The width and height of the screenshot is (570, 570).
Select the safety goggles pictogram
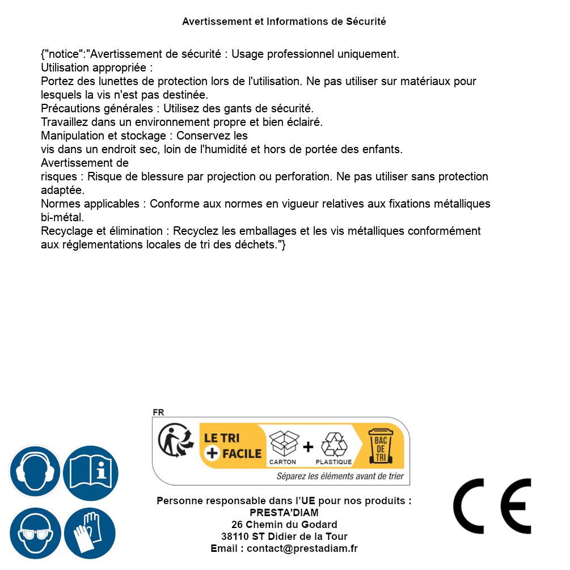[x=35, y=533]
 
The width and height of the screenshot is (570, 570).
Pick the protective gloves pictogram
[x=90, y=533]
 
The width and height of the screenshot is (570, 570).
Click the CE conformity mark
[x=492, y=506]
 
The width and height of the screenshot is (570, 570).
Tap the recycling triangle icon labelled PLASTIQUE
[x=333, y=445]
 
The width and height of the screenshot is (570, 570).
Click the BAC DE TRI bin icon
[x=380, y=447]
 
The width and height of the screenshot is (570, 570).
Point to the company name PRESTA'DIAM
[x=284, y=513]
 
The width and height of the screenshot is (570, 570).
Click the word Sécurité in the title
[x=366, y=22]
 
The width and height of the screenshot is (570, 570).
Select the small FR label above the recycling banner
[x=158, y=412]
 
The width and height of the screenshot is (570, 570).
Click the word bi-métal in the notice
[x=62, y=217]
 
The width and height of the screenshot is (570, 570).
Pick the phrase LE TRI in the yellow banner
[x=221, y=438]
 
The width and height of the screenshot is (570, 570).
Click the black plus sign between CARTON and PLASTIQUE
[x=308, y=447]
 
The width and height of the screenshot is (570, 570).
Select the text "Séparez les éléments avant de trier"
[x=340, y=476]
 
